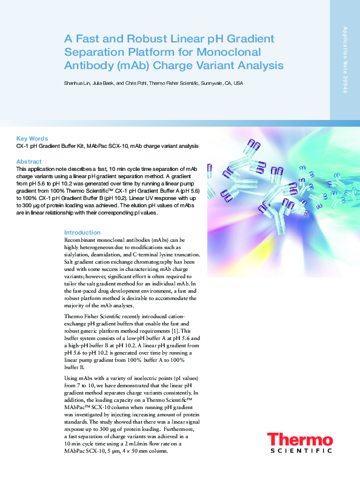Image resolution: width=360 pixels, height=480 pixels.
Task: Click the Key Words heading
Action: click(32, 138)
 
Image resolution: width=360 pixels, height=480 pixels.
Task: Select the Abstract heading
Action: click(29, 161)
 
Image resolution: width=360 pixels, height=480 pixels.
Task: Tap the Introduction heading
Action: click(82, 233)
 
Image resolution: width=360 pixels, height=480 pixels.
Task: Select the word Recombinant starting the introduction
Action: click(84, 241)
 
